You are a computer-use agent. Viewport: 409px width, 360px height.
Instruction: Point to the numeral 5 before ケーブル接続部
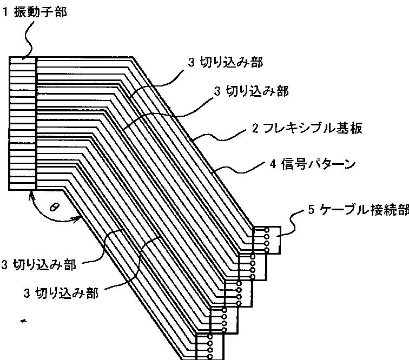[312, 210]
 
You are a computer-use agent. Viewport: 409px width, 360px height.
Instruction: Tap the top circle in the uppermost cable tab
[267, 230]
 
